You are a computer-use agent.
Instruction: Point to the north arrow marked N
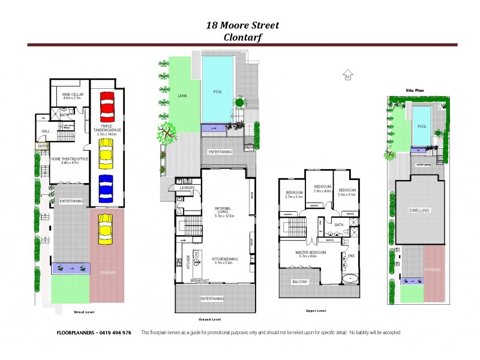click(x=346, y=76)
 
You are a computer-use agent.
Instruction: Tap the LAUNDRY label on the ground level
click(x=187, y=188)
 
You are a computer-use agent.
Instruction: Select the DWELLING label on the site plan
click(x=419, y=211)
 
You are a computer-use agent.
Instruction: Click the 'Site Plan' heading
click(x=415, y=89)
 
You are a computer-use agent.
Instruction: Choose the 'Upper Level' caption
click(x=311, y=311)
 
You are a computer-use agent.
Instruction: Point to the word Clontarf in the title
click(x=242, y=36)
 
